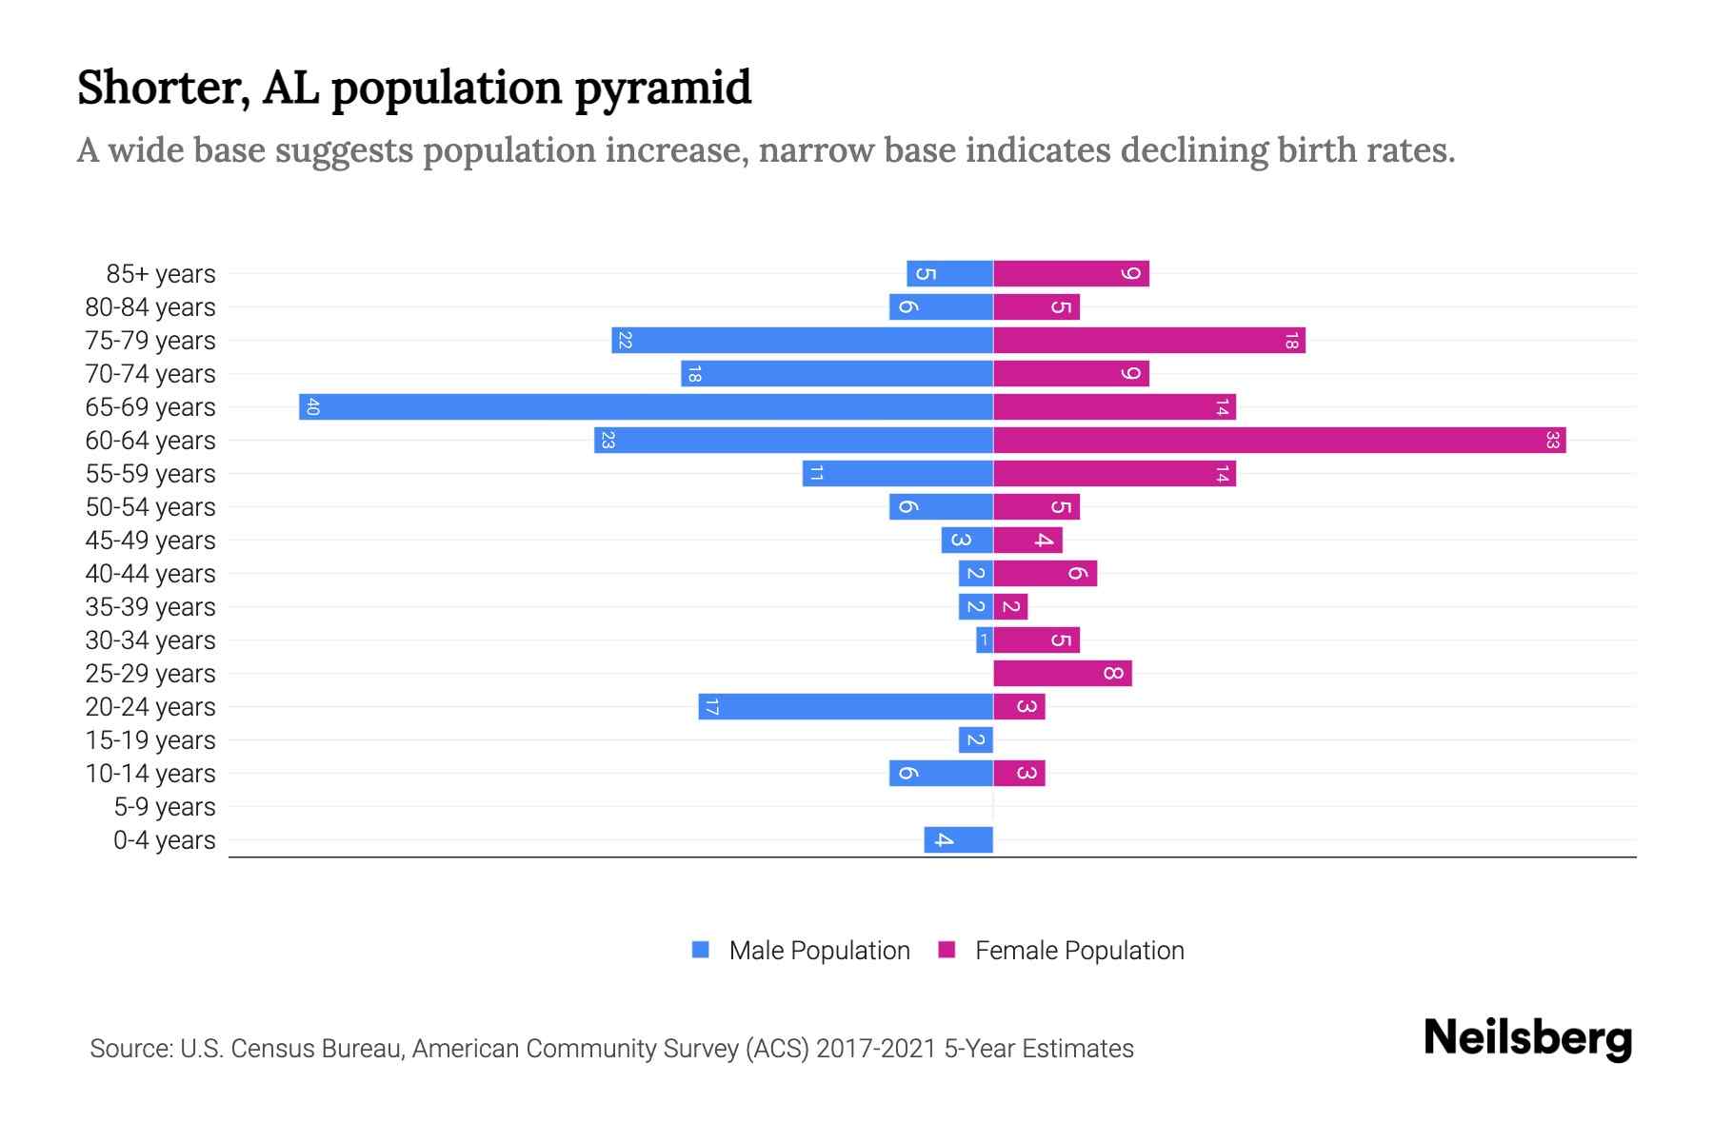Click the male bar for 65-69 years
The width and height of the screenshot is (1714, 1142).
646,406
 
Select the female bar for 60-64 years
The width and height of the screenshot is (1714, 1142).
1279,440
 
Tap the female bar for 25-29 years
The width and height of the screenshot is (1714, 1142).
1062,673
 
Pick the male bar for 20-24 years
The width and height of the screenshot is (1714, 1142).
846,706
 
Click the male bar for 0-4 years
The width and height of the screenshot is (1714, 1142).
958,839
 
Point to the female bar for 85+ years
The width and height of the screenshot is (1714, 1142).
1070,273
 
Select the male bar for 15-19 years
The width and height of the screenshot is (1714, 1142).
975,739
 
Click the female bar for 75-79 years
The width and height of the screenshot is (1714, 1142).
1148,340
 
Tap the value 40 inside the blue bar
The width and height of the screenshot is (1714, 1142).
312,407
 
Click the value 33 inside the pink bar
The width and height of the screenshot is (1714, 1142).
1552,440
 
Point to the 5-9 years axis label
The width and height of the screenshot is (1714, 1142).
165,807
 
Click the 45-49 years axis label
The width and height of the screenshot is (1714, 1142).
150,541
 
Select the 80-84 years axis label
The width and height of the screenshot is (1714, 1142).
150,307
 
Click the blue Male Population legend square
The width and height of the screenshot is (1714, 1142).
701,950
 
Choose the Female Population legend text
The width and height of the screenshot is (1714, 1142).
1079,950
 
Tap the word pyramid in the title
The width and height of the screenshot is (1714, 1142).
663,89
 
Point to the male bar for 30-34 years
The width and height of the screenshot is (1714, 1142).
984,640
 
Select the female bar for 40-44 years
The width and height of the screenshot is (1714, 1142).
1045,573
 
